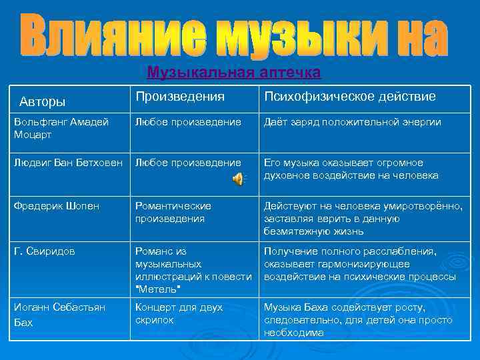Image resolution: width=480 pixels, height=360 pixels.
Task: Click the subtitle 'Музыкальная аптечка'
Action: pos(234,71)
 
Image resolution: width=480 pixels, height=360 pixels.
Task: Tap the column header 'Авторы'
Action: pos(43,101)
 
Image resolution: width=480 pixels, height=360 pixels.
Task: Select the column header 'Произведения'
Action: pos(180,97)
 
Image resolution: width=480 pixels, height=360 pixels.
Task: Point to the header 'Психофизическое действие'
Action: pos(350,97)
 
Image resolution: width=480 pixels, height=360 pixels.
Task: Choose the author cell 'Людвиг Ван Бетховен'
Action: pos(69,163)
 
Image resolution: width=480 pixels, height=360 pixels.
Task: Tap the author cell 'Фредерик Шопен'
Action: pos(57,206)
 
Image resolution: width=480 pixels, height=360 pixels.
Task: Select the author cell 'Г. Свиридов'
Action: pos(45,251)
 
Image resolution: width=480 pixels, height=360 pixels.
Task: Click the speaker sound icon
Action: pos(238,177)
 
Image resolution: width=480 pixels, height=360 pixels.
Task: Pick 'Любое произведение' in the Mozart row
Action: pos(188,122)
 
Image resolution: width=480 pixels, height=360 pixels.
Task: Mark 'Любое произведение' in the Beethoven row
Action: pos(188,163)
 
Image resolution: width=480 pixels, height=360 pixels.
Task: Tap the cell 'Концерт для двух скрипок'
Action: pos(179,313)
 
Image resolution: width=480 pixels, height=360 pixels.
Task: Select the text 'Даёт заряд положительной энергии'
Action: pos(353,122)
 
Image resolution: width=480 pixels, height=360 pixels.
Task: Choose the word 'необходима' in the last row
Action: pos(294,333)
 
